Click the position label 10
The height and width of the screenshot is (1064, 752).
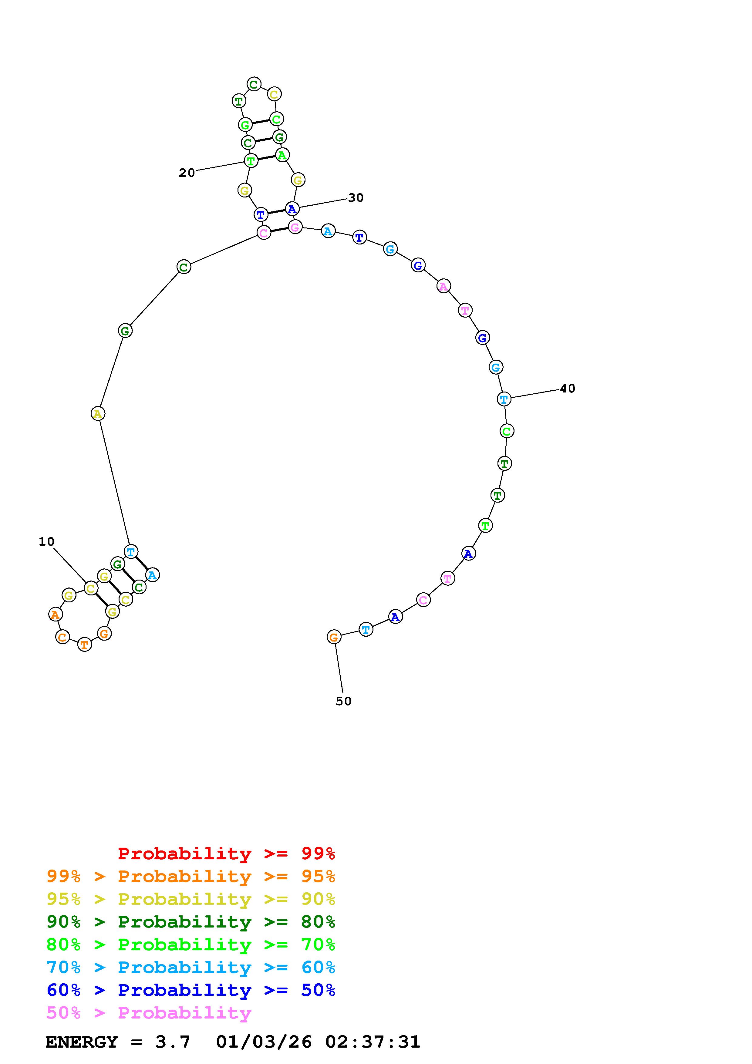46,541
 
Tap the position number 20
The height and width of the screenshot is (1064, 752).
187,173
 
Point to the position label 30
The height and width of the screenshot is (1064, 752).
356,198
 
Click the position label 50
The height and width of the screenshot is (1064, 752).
343,701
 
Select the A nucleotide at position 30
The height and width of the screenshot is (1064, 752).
292,209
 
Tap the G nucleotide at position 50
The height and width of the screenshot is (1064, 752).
334,637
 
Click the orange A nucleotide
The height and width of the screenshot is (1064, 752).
55,614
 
